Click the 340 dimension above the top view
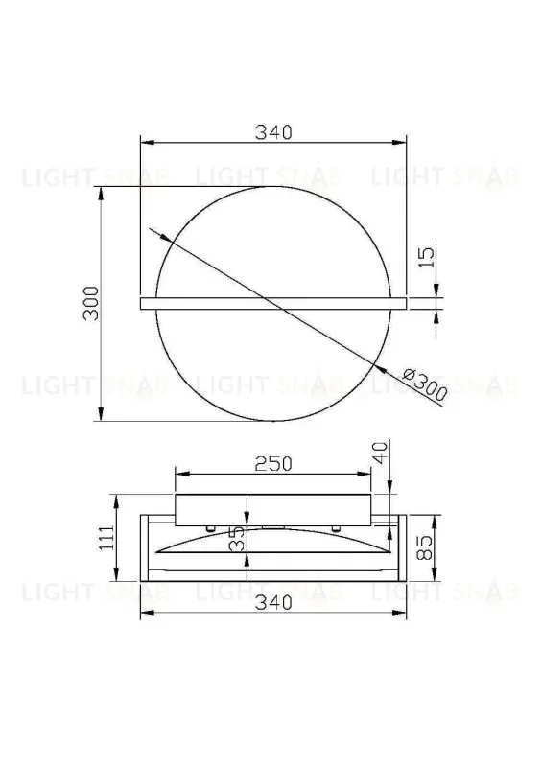(x=272, y=133)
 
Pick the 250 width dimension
(x=272, y=463)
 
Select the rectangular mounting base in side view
(x=272, y=509)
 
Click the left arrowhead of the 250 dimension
(x=178, y=474)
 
